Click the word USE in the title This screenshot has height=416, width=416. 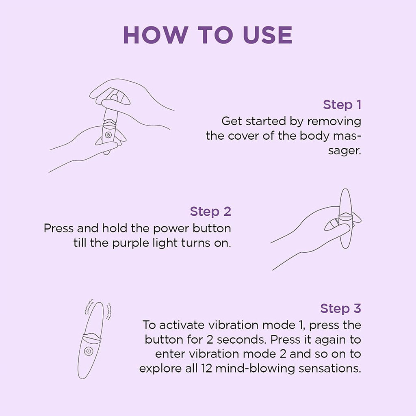(267, 35)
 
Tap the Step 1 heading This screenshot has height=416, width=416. (342, 105)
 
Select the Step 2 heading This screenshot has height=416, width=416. (210, 212)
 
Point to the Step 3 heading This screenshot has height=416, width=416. (340, 308)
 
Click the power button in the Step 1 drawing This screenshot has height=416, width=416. (108, 134)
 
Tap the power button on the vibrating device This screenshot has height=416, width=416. (88, 351)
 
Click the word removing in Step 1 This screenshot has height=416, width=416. (334, 121)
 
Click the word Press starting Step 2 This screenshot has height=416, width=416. (58, 228)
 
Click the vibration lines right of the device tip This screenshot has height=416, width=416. (108, 311)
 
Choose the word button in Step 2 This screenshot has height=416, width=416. (212, 228)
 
